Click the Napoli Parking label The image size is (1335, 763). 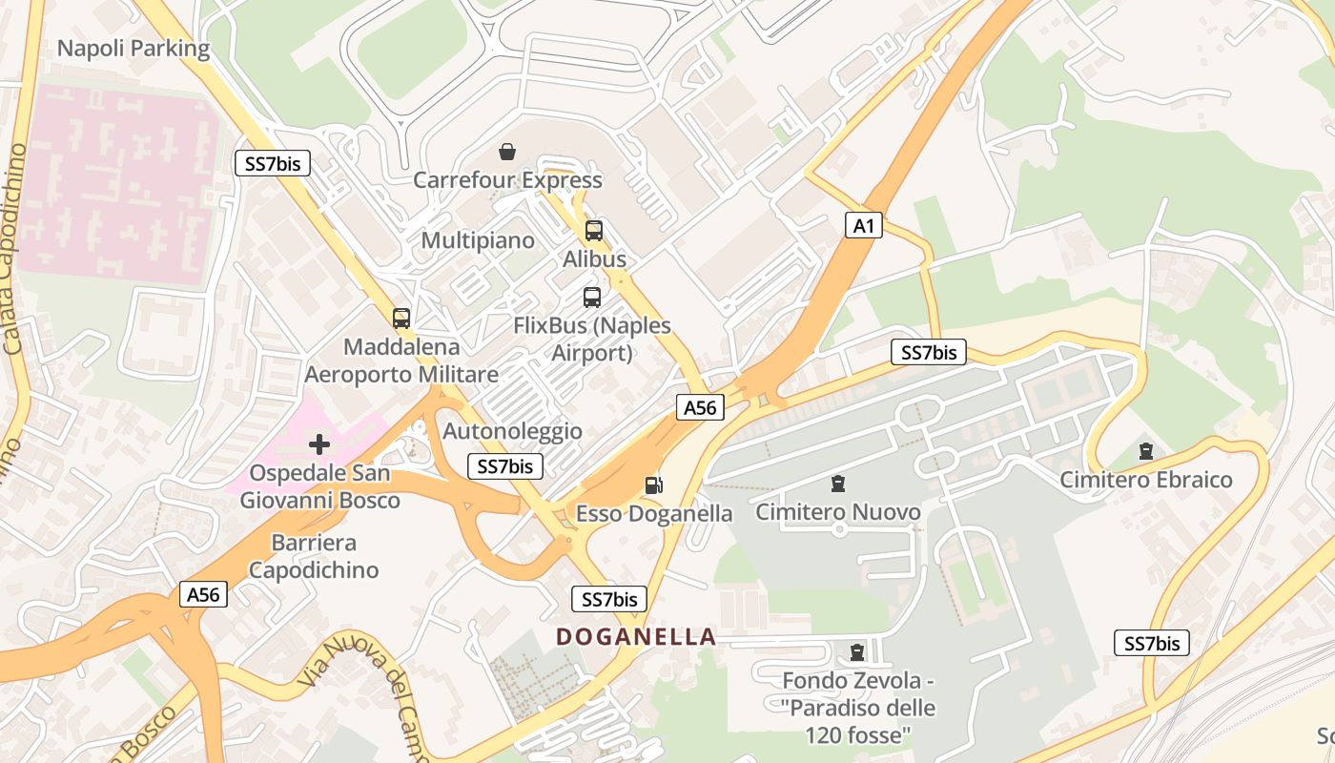133,49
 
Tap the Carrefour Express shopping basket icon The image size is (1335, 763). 507,152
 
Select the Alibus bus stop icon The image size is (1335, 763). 594,230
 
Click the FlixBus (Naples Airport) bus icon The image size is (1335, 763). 592,297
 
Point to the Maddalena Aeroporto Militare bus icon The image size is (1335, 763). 401,319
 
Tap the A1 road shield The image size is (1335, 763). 863,226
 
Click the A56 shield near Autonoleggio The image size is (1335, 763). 700,408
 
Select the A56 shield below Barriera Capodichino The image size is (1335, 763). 203,595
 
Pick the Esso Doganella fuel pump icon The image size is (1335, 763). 653,485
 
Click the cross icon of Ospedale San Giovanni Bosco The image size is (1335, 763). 319,443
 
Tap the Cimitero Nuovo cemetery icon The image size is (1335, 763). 838,484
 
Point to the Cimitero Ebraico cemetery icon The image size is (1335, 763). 1146,450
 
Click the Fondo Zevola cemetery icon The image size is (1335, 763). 857,652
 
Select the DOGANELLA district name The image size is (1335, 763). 636,636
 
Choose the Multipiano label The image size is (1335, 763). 478,239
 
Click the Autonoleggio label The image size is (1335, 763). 512,431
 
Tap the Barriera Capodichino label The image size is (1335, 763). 314,557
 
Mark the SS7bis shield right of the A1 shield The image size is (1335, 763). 929,353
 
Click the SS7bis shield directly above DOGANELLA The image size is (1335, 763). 609,599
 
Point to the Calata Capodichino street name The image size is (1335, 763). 14,248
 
